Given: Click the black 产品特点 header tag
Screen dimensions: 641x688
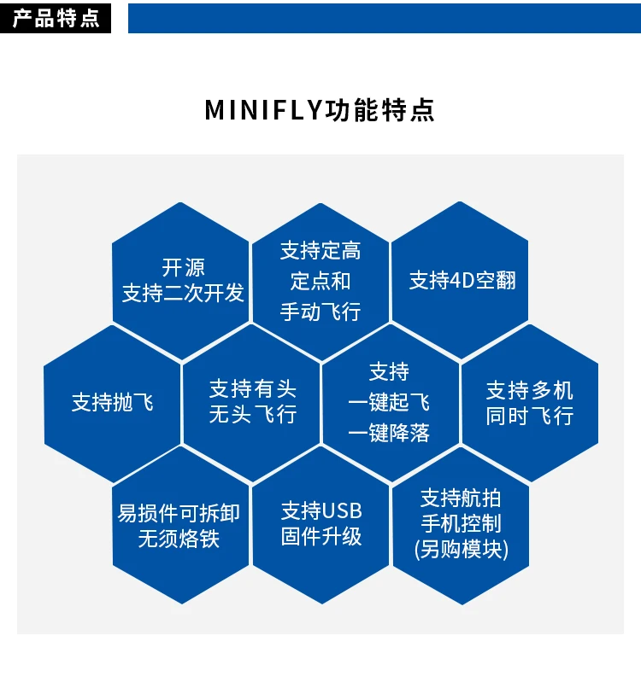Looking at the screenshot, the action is pos(56,18).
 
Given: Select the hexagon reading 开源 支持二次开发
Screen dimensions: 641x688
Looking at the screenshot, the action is pos(182,280).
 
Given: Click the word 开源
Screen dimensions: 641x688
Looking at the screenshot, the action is pos(183,267).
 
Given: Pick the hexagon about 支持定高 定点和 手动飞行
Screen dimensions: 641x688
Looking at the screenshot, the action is pos(320,281).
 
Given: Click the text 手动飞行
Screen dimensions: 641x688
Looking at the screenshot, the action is pos(320,312).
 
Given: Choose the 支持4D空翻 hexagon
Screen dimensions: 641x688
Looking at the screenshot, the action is pos(461,280).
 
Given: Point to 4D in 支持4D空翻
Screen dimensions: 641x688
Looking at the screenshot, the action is pos(462,280).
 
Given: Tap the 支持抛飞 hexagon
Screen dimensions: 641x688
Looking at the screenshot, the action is pos(112,402).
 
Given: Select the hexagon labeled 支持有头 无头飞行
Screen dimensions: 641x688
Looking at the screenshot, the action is pos(252,402).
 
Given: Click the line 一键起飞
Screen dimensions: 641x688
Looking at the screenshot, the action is pos(389,402).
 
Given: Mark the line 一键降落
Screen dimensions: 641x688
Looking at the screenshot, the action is pos(389,433).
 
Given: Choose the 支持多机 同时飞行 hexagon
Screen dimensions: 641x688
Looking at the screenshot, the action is pos(530,402).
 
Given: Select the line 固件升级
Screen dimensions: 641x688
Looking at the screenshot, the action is pos(321,537).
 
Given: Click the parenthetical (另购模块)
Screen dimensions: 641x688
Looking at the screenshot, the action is pos(461,549).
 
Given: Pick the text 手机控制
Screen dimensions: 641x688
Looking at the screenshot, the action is pos(461,523).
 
